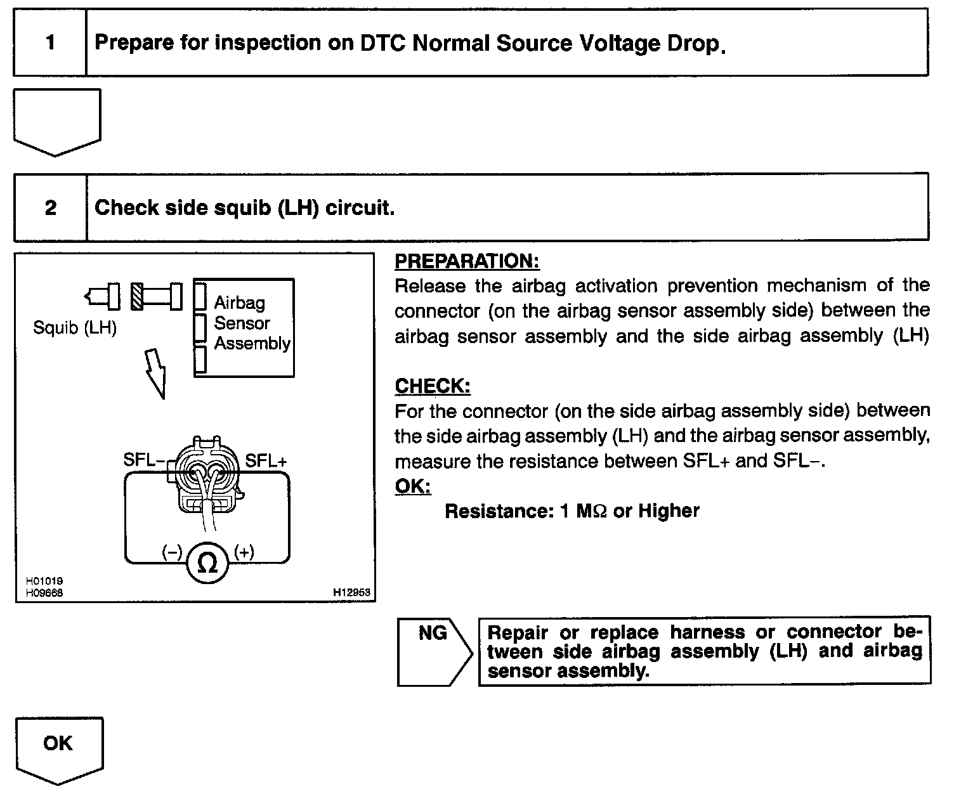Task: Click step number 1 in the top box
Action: [50, 43]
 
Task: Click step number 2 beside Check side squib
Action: [51, 207]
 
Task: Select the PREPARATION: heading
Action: [467, 261]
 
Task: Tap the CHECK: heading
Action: [433, 386]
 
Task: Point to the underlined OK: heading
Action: [412, 486]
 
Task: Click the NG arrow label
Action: [433, 633]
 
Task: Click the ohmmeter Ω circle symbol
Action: [207, 563]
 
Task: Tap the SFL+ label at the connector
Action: [266, 461]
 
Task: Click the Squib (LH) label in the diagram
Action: [75, 329]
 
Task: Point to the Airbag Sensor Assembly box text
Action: [251, 323]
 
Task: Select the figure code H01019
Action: [44, 581]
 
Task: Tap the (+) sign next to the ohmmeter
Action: [244, 552]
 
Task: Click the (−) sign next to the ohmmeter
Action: [172, 552]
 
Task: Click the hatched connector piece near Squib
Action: [136, 296]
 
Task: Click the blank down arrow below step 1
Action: [57, 120]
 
